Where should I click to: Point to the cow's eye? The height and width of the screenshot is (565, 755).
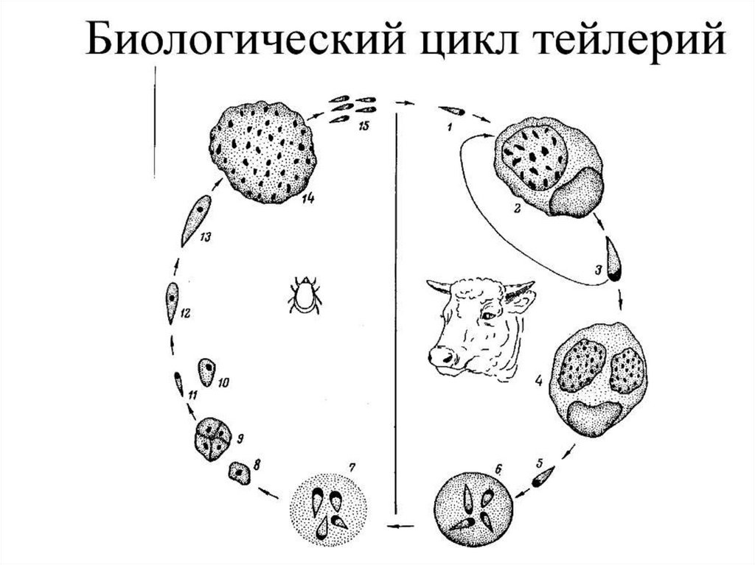489,315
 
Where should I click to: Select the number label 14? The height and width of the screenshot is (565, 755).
302,199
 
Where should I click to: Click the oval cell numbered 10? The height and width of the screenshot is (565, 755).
207,373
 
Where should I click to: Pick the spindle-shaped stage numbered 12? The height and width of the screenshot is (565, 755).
171,303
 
